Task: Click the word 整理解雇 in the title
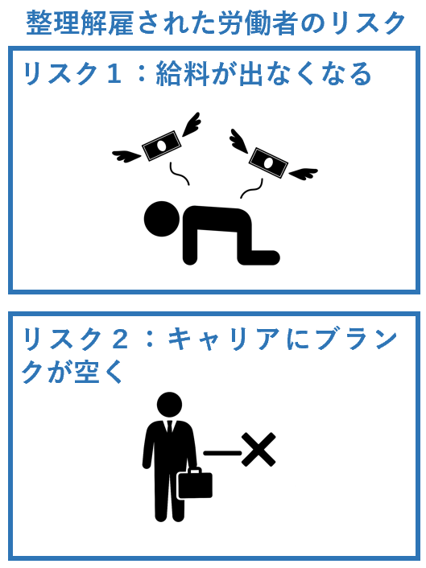pos(80,23)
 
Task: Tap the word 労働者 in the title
pos(258,23)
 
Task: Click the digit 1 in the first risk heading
pos(113,73)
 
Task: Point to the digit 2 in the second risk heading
pos(120,339)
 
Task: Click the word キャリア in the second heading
pos(224,339)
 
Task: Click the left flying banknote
pos(161,146)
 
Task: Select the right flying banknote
pos(268,163)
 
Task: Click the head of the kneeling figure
pos(162,219)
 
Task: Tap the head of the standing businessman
pos(170,405)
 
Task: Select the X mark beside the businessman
pos(258,450)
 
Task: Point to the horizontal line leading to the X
pos(222,453)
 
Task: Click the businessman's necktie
pos(170,427)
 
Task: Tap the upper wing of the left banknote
pos(191,124)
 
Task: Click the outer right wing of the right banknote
pos(303,174)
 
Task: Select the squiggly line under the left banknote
pos(180,174)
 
